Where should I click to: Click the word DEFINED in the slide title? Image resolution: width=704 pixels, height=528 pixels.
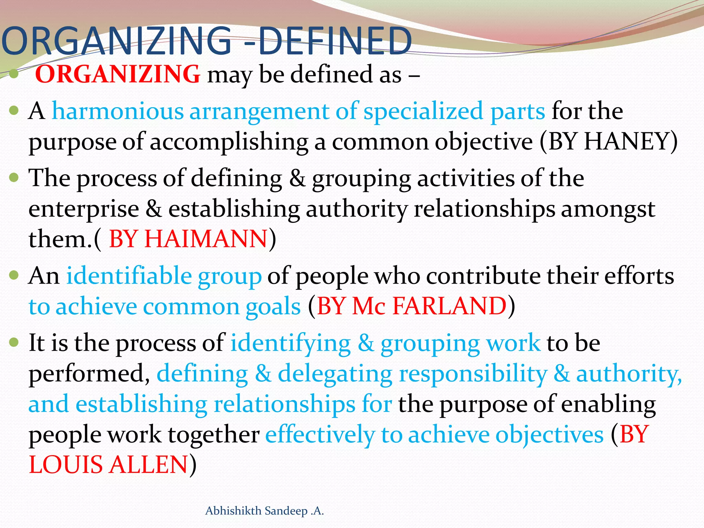(335, 41)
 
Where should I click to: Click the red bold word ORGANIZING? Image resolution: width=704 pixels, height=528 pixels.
(118, 74)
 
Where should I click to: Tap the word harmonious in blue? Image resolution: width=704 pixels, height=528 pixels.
(118, 111)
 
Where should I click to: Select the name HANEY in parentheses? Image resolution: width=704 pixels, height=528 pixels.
(626, 142)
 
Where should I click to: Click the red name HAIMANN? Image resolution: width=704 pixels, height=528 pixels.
(206, 239)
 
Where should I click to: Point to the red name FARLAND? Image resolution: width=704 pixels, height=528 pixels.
(449, 306)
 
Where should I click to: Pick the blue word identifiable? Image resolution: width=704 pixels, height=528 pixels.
(129, 276)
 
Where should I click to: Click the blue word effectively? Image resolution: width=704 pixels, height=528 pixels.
(320, 434)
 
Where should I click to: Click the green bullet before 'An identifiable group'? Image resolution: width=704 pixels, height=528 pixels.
(14, 275)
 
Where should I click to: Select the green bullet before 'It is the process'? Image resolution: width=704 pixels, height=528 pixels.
(14, 342)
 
